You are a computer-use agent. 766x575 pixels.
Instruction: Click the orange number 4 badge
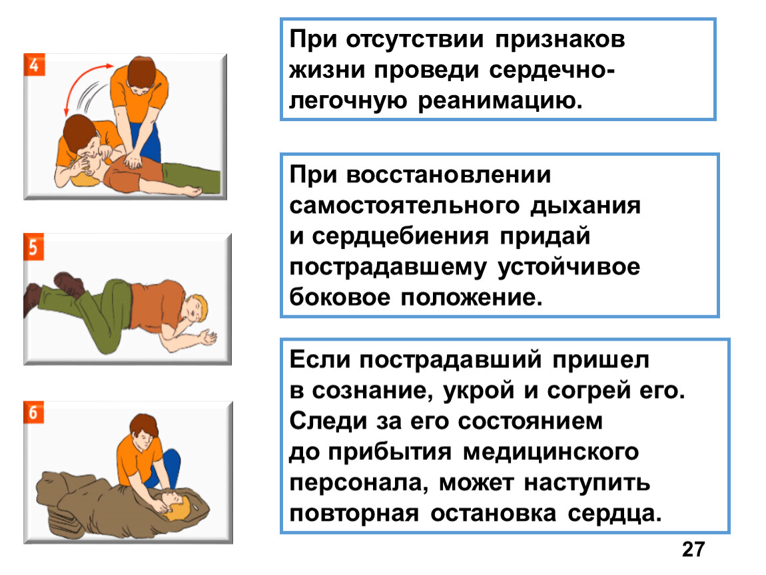click(34, 65)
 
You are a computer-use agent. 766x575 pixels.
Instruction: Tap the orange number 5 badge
click(34, 247)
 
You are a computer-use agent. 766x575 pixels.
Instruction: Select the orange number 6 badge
click(34, 413)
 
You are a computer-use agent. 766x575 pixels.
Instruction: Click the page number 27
click(693, 550)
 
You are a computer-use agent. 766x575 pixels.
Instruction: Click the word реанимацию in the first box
click(500, 100)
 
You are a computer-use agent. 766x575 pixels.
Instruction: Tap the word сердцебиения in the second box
click(400, 237)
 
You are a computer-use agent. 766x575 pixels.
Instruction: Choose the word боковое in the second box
click(340, 297)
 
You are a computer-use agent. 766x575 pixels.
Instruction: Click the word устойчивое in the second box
click(569, 267)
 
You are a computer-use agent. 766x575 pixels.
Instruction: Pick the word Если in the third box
click(320, 360)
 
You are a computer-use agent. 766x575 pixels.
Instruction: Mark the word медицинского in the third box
click(551, 452)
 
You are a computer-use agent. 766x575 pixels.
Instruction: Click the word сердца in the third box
click(615, 514)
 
